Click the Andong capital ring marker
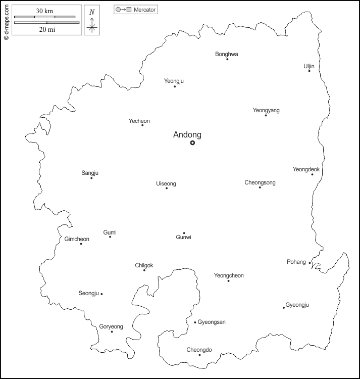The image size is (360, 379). pos(192,143)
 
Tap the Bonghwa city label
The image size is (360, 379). pos(227,54)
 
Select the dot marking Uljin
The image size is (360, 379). pos(309,71)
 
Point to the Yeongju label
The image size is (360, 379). pos(174,80)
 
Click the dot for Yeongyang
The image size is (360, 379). pos(266,116)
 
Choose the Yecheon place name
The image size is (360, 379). pos(139,121)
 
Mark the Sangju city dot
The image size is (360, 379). pos(91,178)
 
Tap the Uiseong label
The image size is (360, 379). pos(166,183)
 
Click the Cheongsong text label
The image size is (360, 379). pos(260,182)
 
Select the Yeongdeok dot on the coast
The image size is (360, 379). pos(312,175)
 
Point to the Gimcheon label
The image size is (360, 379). pos(77,239)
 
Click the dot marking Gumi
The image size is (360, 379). pos(110,237)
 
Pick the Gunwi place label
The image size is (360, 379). pos(184,238)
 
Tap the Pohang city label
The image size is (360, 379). pos(296,262)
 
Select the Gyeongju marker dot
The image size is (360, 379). pos(284,308)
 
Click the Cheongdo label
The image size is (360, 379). pos(199,350)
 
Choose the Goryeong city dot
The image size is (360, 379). pos(112,331)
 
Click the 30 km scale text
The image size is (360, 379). pos(46,11)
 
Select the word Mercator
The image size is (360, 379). pos(145,10)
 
